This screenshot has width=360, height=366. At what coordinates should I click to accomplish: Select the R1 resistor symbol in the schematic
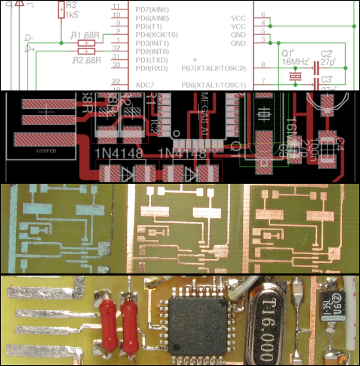[x=87, y=43]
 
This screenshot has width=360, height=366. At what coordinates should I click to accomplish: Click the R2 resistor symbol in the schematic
[x=87, y=51]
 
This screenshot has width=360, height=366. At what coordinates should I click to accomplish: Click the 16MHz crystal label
[x=296, y=62]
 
